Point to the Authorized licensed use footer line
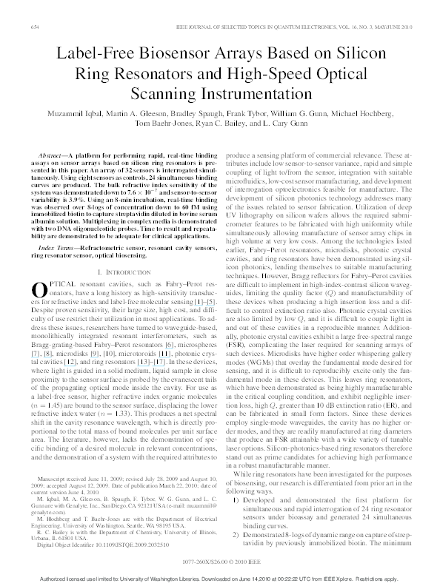point(219,576)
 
